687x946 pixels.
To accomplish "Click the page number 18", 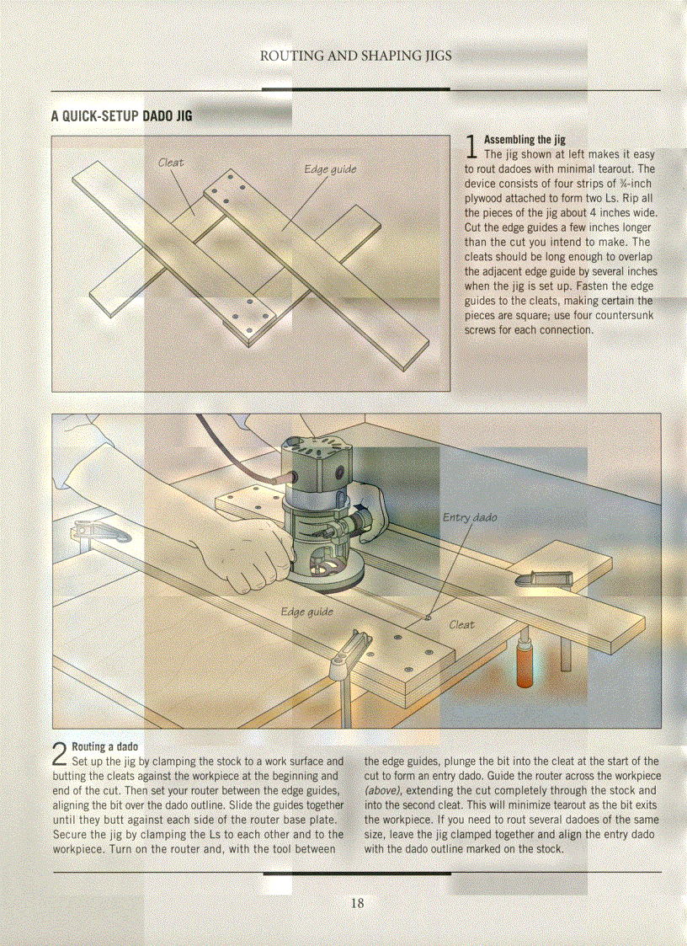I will (357, 903).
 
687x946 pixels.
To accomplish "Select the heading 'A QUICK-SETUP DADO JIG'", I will (121, 115).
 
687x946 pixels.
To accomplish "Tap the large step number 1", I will (471, 147).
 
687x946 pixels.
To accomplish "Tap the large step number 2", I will (60, 754).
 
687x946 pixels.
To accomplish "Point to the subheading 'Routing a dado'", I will (104, 746).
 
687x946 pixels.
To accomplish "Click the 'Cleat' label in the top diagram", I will (171, 162).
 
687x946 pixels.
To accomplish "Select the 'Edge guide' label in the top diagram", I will (330, 169).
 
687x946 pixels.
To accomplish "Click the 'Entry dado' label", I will (470, 516).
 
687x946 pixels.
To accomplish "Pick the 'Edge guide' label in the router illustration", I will (306, 611).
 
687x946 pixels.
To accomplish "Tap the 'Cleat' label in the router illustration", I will (461, 624).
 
